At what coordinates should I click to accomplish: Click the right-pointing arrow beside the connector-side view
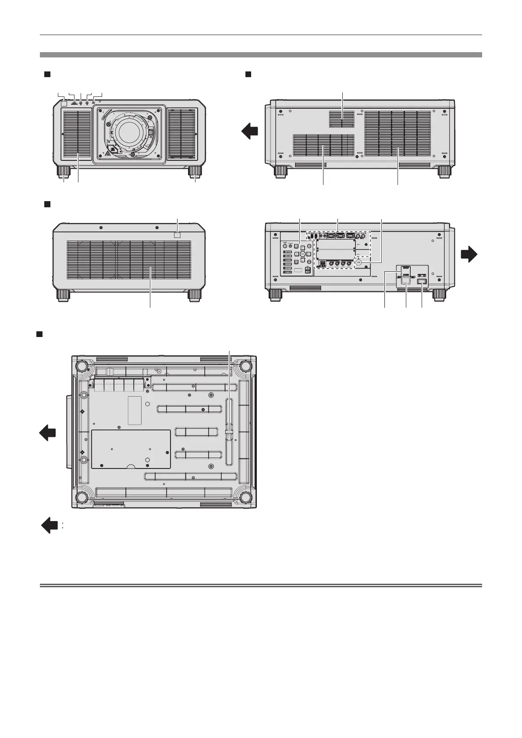click(469, 254)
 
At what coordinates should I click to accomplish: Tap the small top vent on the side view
click(342, 117)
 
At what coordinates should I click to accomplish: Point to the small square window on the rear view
click(178, 235)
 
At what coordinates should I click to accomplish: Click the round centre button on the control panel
click(302, 254)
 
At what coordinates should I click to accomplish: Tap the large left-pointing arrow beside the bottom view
click(48, 434)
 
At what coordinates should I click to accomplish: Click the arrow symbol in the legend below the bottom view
click(50, 525)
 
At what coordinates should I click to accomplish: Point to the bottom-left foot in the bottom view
click(82, 498)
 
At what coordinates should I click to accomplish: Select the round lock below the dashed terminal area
click(359, 264)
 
